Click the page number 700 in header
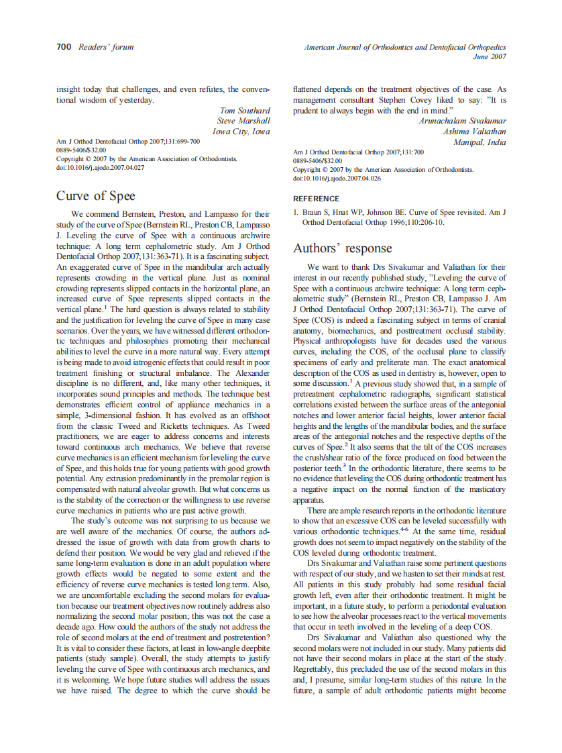click(x=64, y=47)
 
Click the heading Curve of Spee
click(x=95, y=196)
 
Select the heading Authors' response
click(x=342, y=248)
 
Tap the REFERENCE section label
click(x=317, y=199)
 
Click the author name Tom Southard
click(x=245, y=111)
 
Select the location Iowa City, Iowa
click(x=241, y=132)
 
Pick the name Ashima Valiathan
click(x=474, y=132)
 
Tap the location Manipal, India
click(x=480, y=142)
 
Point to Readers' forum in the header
click(x=106, y=47)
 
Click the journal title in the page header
click(x=404, y=47)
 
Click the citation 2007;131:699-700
click(x=168, y=142)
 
